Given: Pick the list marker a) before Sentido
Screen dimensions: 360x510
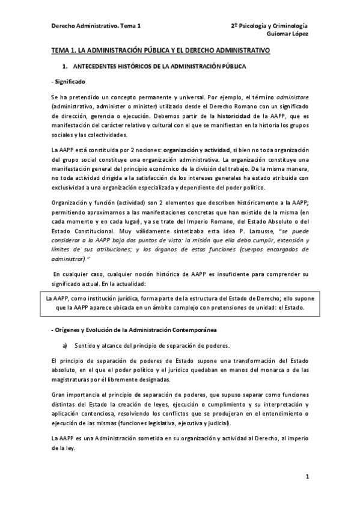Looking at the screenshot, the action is [66, 346].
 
